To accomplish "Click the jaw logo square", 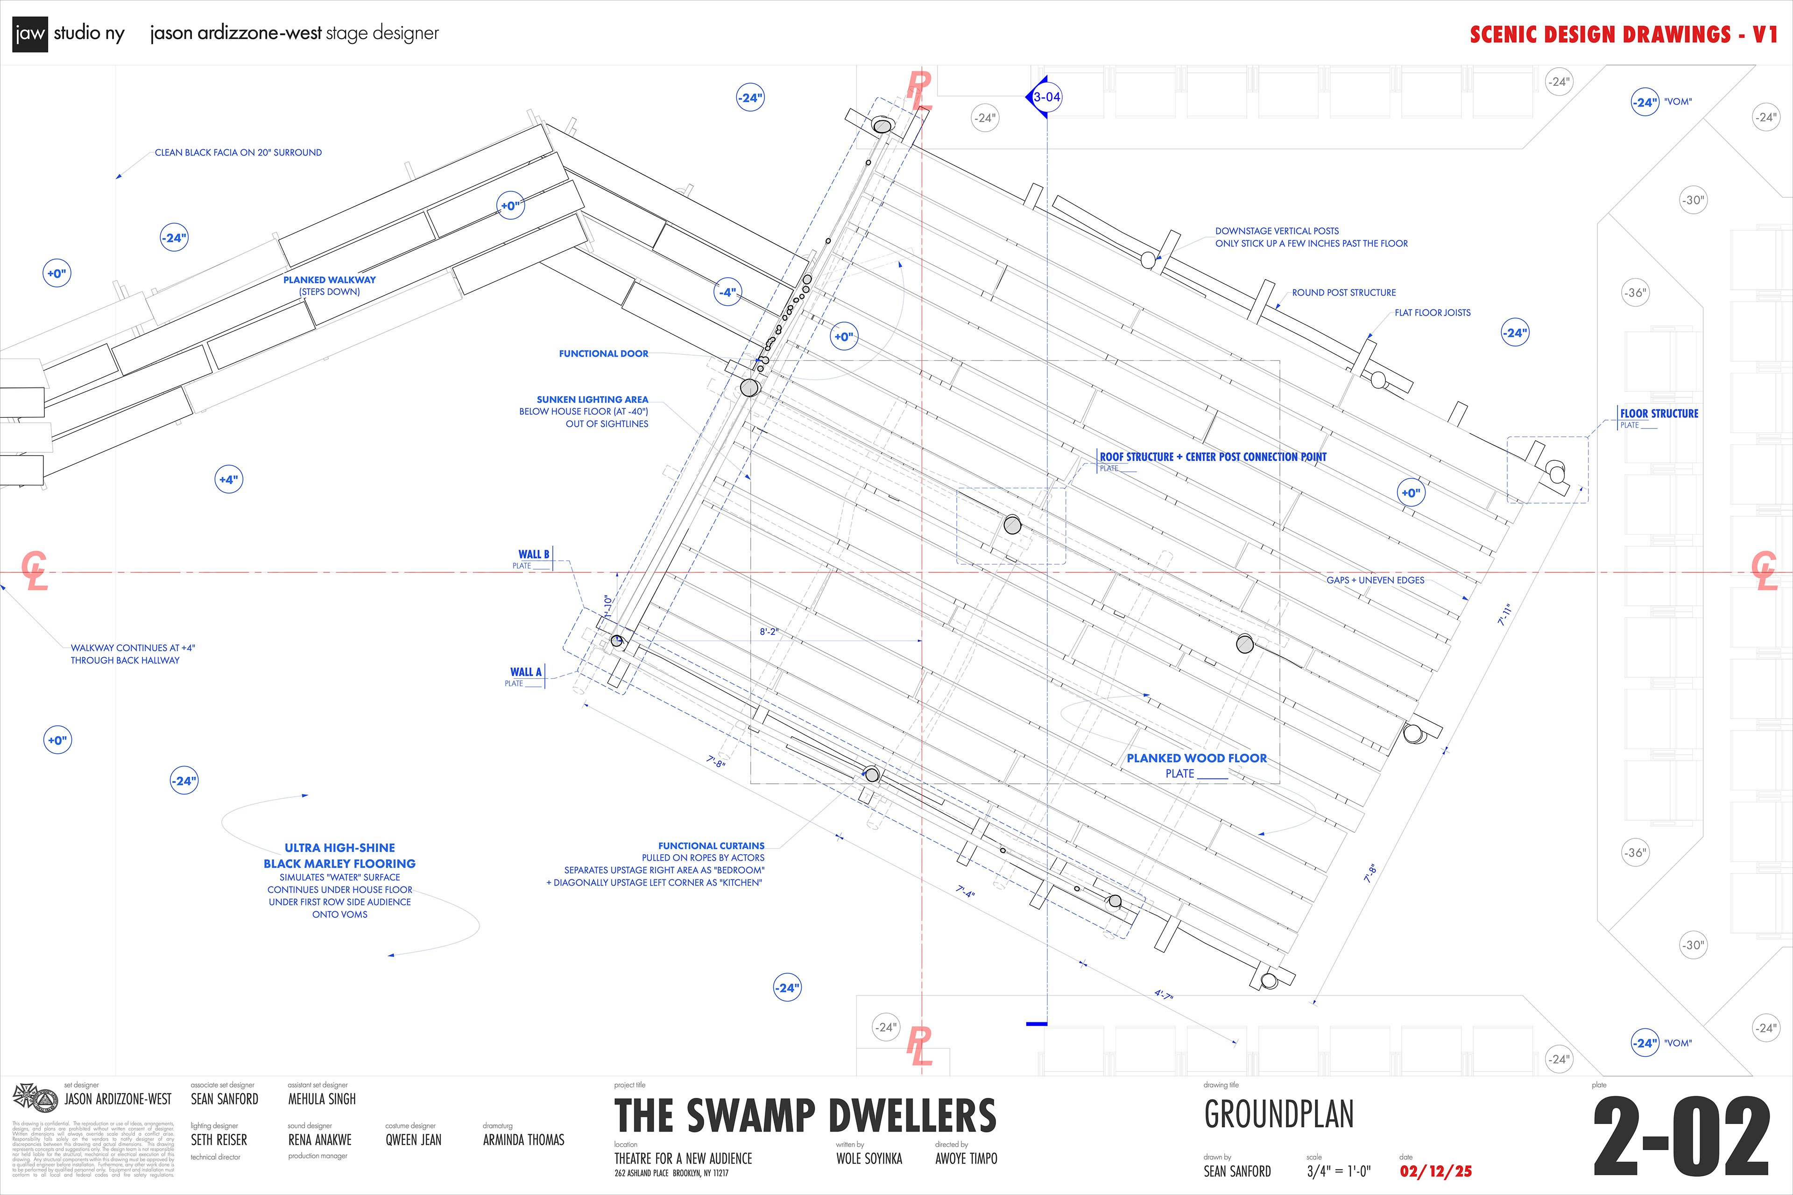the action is click(x=30, y=34).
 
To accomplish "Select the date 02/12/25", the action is click(x=1435, y=1171).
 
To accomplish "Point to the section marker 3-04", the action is click(x=1047, y=97).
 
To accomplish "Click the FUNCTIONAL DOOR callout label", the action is click(x=603, y=354).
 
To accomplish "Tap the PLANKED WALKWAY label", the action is click(x=329, y=280).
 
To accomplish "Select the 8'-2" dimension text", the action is click(x=769, y=632).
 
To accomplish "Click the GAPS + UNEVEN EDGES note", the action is click(x=1375, y=580).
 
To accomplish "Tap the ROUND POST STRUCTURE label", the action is click(x=1344, y=293).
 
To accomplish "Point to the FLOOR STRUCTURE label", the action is click(x=1659, y=414).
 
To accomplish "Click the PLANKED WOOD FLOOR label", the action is click(x=1196, y=758).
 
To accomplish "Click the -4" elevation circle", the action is click(x=728, y=292).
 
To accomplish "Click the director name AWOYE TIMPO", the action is click(x=966, y=1159).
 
